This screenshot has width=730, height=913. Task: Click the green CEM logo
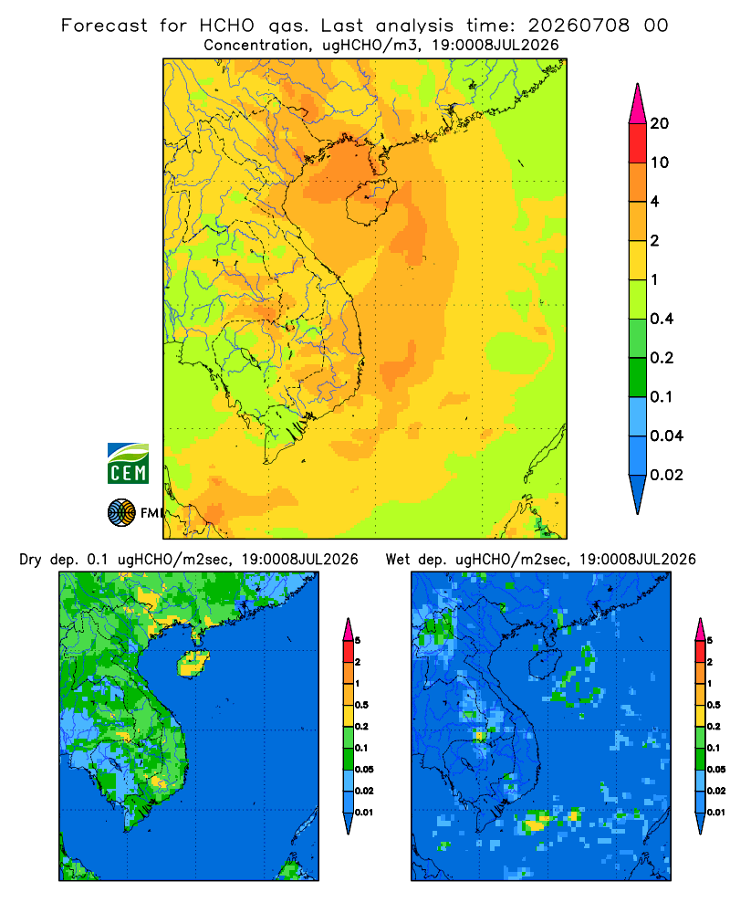(x=128, y=464)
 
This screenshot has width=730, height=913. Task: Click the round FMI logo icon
(x=121, y=513)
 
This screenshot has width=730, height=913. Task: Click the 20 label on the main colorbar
(x=660, y=123)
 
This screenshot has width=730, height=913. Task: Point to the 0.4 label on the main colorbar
(x=662, y=319)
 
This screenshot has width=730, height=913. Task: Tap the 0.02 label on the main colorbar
(x=666, y=475)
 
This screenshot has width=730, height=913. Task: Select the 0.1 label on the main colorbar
(x=661, y=396)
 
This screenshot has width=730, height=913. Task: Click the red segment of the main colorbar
(x=638, y=143)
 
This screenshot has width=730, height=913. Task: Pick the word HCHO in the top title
(x=226, y=26)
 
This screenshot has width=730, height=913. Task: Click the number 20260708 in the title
(x=579, y=26)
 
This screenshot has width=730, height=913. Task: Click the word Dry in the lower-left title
(x=30, y=560)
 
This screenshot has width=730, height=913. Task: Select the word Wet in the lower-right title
(x=398, y=560)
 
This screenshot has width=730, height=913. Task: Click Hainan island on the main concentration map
(x=370, y=202)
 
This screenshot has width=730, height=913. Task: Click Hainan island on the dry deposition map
(x=193, y=663)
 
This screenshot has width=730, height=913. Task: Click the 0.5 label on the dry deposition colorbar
(x=361, y=705)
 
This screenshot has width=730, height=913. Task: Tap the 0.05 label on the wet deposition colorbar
(x=715, y=769)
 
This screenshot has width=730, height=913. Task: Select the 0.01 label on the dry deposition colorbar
(x=364, y=813)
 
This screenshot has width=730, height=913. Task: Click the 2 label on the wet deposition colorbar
(x=710, y=662)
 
